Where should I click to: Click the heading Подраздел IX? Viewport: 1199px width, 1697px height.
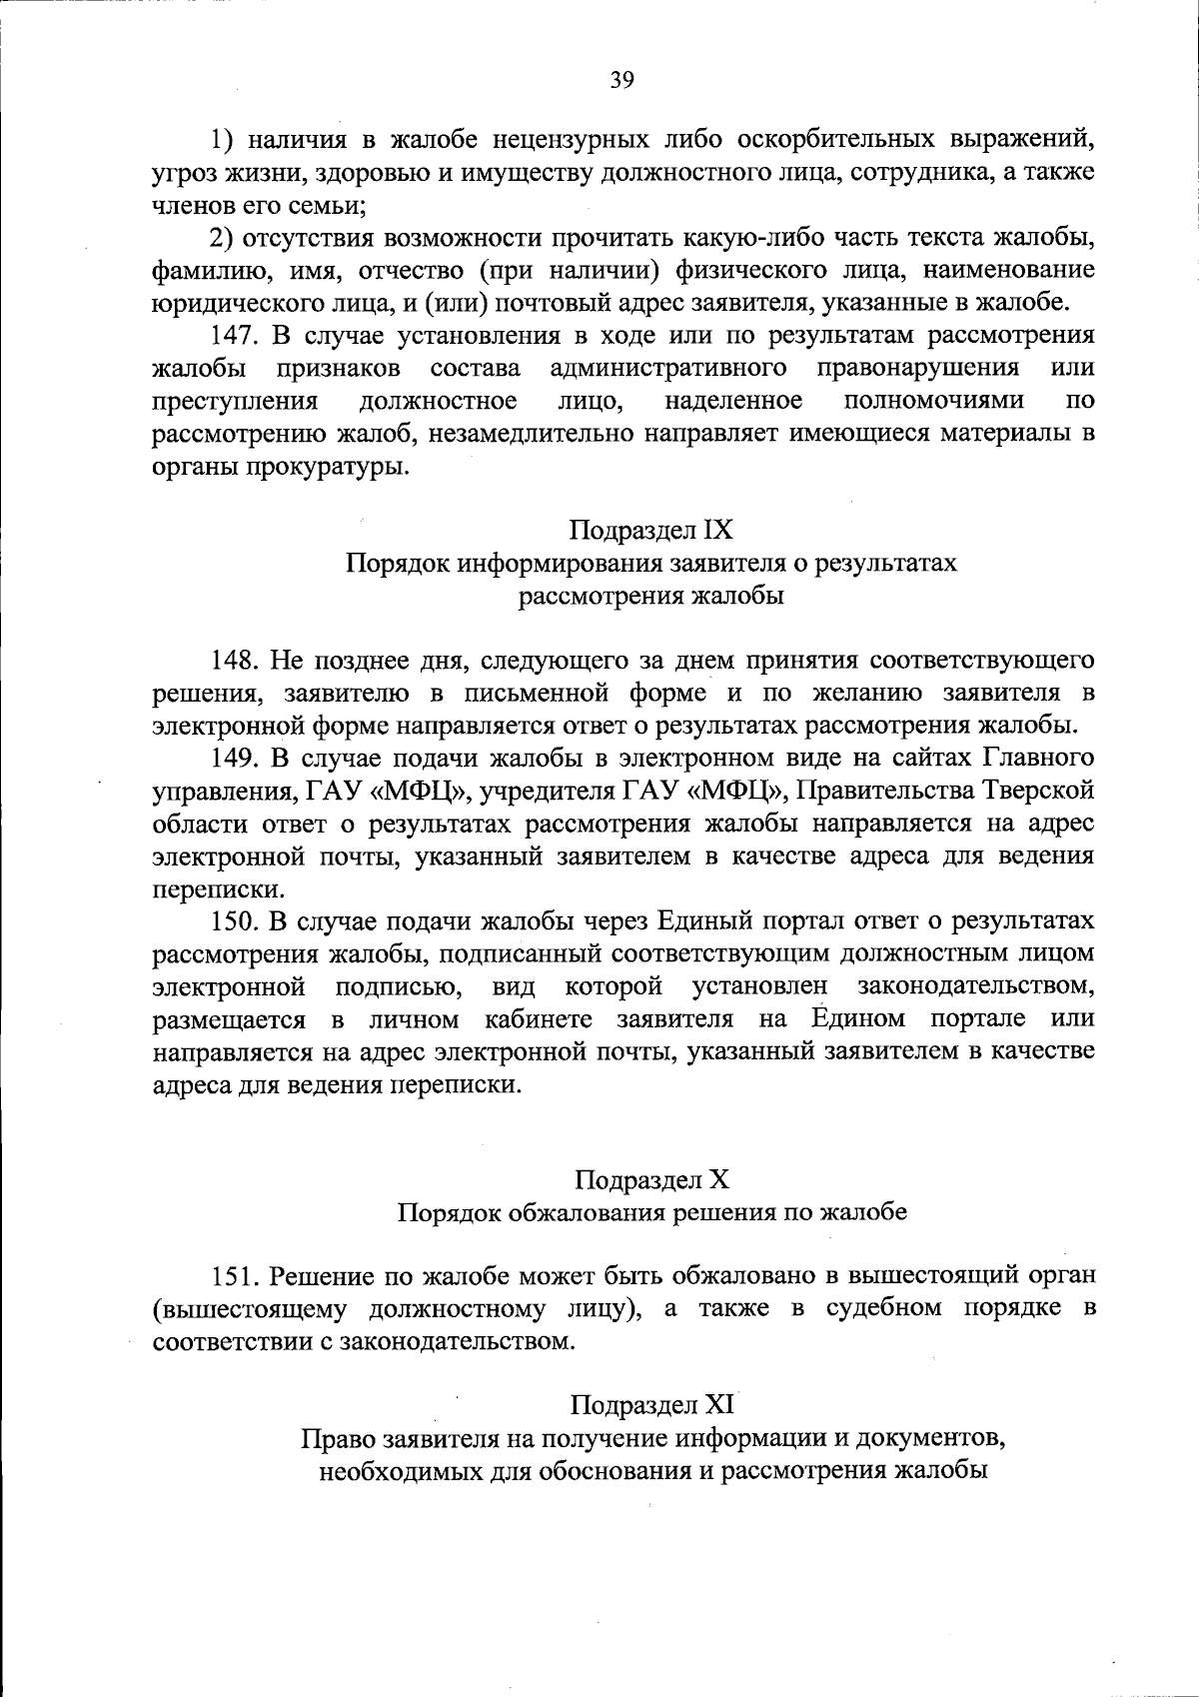coord(651,529)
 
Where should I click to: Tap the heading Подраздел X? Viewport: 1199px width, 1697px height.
coord(652,1179)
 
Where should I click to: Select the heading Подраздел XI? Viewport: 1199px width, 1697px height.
coord(652,1405)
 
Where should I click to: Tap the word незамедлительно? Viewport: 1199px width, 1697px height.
coord(531,434)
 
